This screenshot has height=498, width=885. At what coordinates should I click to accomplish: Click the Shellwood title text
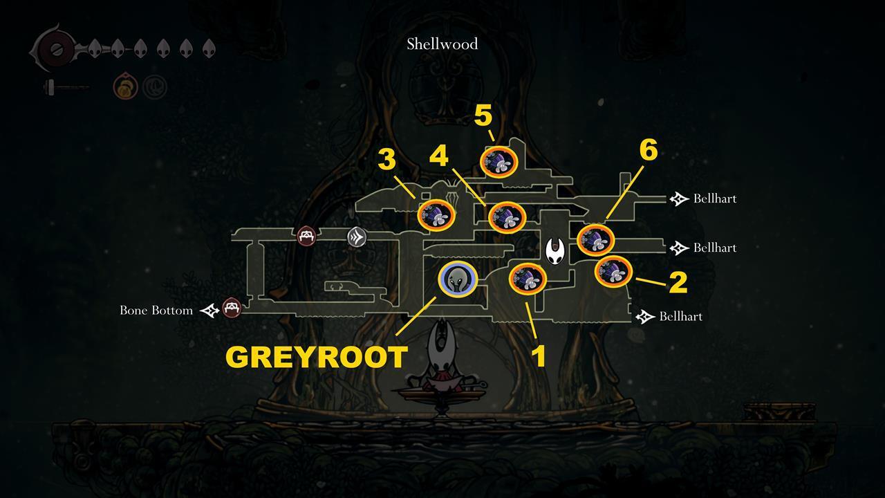(442, 44)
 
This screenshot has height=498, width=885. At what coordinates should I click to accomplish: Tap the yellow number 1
(539, 356)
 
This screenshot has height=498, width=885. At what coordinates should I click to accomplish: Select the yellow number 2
(678, 282)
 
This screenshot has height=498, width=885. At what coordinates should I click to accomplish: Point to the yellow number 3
(386, 160)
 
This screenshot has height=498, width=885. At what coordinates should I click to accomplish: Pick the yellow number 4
(439, 156)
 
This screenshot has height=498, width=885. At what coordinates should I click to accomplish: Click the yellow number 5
(483, 116)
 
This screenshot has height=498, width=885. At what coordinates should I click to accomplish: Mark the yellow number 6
(648, 150)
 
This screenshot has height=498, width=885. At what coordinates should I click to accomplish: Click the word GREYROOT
(316, 357)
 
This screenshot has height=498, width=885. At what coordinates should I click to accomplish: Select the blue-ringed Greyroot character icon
(458, 279)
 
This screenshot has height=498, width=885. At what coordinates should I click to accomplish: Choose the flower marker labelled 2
(613, 272)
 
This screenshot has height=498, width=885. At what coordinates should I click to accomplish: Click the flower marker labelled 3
(438, 215)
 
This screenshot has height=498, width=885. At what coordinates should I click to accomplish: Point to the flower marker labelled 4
(507, 218)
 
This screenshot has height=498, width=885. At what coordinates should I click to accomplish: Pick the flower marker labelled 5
(499, 161)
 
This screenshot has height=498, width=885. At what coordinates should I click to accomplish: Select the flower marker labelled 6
(596, 239)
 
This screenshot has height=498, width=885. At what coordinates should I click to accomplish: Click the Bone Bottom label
(156, 311)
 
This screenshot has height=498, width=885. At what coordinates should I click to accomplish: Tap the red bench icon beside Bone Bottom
(232, 307)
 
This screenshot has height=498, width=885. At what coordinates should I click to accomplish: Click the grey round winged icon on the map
(357, 237)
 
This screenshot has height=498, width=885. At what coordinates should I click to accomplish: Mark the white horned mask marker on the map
(555, 251)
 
